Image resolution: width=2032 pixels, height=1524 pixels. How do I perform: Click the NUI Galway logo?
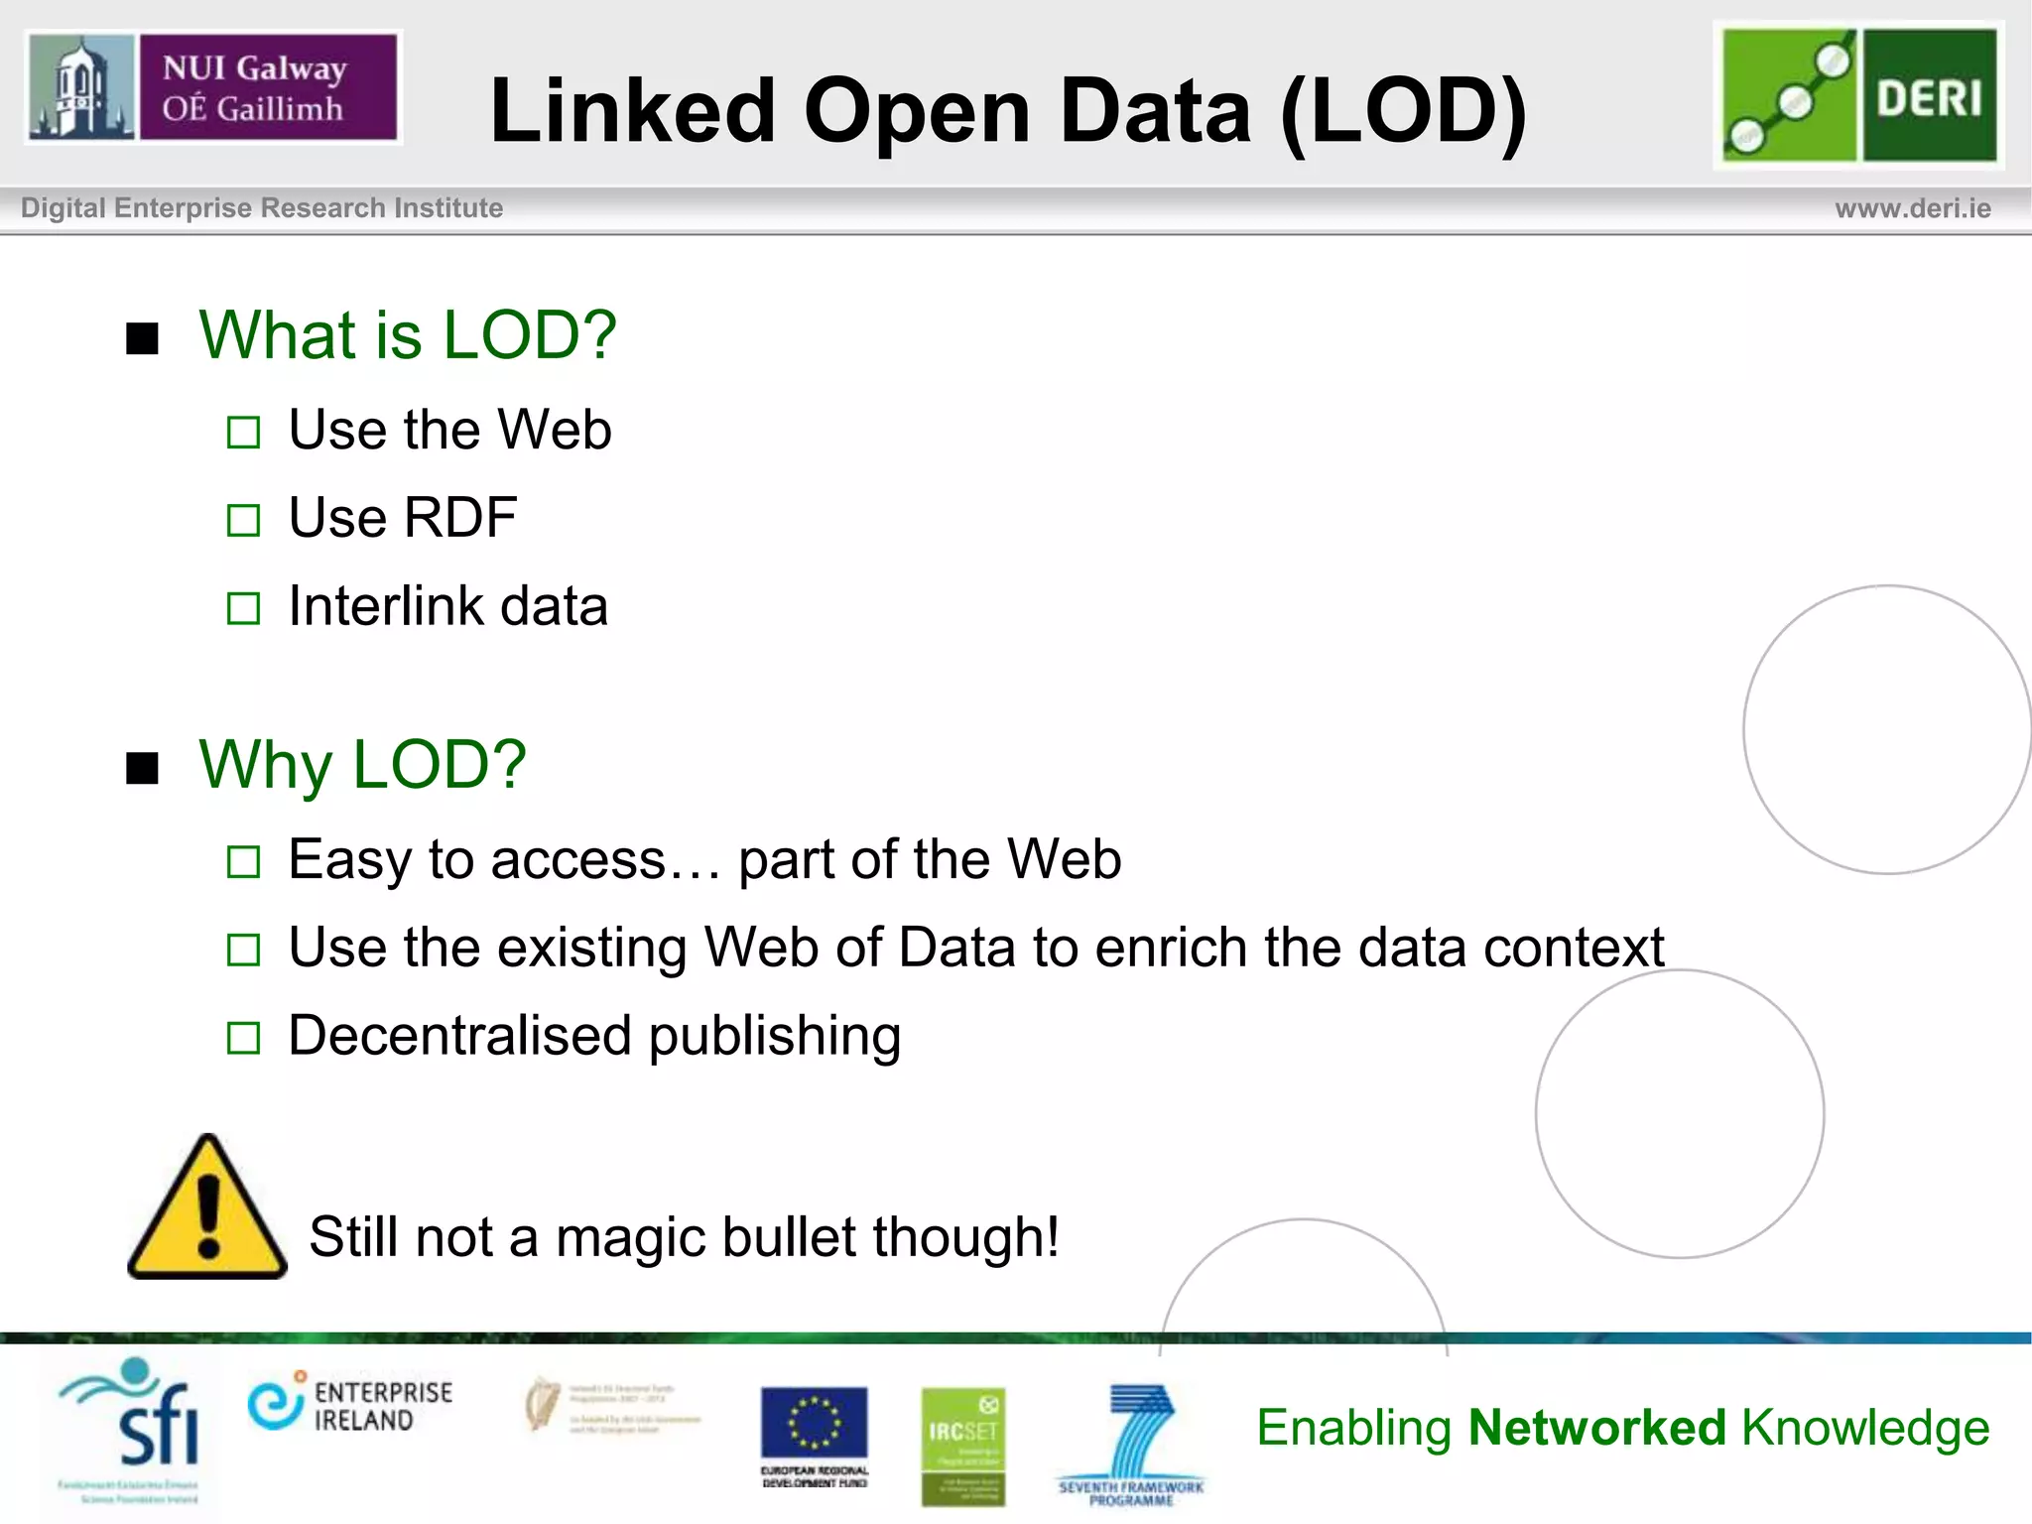(x=212, y=87)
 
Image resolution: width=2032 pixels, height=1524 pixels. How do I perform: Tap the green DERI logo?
(x=1859, y=95)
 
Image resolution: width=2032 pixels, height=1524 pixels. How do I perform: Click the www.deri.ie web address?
(x=1912, y=208)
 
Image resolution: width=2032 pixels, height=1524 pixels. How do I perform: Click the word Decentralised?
(x=459, y=1036)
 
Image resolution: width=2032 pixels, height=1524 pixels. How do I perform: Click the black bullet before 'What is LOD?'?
(x=143, y=338)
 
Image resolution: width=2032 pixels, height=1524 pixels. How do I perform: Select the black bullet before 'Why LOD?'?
(x=143, y=768)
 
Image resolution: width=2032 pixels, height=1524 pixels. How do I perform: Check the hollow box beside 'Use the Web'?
(x=243, y=433)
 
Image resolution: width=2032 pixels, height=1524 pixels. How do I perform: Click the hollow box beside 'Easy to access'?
(x=243, y=862)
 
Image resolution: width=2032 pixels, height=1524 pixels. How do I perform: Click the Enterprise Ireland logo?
(x=349, y=1405)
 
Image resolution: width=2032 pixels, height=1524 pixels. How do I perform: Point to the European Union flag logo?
(x=814, y=1425)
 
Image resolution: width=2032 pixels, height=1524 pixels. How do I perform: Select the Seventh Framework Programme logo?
(x=1131, y=1443)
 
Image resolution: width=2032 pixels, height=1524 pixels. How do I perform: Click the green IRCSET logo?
(x=961, y=1445)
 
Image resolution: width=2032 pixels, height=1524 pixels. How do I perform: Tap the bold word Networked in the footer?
(x=1596, y=1428)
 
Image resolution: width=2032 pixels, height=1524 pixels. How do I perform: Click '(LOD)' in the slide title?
(x=1403, y=111)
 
